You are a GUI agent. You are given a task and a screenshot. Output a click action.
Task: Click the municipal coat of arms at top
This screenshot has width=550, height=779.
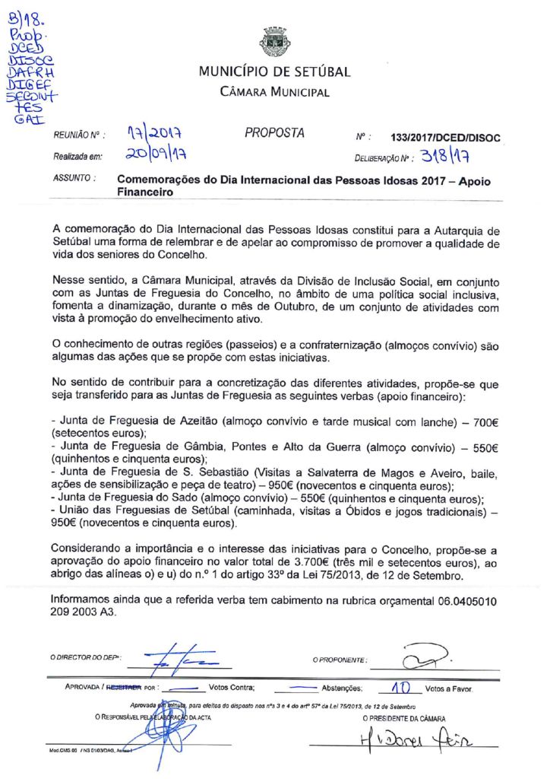[275, 43]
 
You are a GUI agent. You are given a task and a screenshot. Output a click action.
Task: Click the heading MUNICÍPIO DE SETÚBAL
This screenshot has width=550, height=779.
[275, 72]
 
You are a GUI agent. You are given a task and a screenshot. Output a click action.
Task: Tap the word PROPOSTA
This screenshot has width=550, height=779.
[274, 133]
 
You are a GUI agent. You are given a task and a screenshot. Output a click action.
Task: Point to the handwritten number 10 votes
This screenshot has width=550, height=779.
[400, 688]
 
